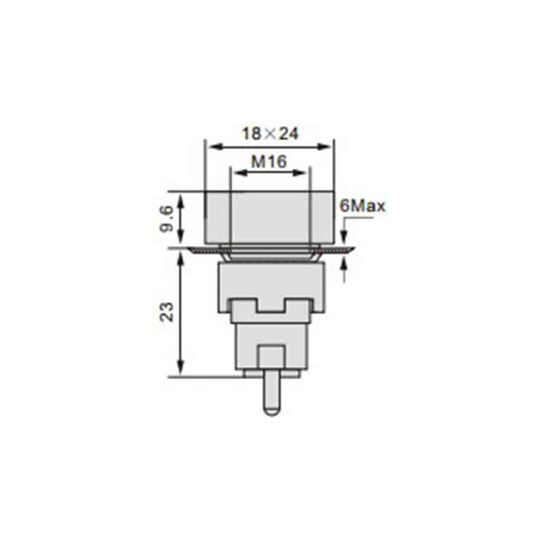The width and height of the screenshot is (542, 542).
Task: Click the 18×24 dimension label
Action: tap(270, 133)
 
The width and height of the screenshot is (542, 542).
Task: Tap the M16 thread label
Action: tap(269, 161)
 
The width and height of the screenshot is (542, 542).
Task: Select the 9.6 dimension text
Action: tap(167, 218)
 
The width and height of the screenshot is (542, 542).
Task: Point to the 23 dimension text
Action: tap(167, 312)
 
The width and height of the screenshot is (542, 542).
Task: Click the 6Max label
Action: tap(362, 207)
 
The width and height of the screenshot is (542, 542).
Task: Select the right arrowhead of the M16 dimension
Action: tap(299, 173)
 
